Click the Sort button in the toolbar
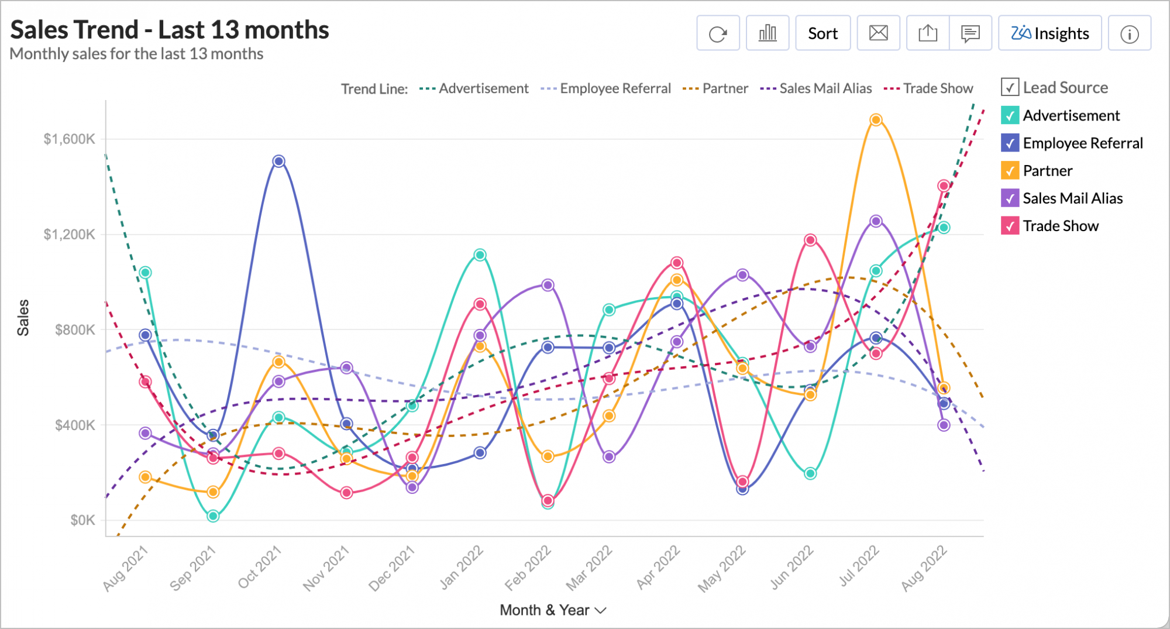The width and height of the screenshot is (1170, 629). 823,33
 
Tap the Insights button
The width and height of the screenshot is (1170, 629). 1049,33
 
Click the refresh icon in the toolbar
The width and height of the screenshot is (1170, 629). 718,33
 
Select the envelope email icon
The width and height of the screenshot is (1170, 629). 878,33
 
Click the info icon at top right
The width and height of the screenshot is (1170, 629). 1129,34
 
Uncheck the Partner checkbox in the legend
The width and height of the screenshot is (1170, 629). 1010,170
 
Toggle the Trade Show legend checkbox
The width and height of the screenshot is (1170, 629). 1010,226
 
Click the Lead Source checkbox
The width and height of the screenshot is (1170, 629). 1010,87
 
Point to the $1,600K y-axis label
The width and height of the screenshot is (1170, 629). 69,139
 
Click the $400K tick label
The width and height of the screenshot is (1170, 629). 75,425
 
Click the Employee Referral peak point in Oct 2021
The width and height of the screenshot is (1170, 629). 278,161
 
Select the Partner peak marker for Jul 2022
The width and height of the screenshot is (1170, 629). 876,120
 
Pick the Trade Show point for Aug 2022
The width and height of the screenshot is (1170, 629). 944,186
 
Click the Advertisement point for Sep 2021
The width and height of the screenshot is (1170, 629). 213,516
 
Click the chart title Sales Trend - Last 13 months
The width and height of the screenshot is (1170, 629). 170,30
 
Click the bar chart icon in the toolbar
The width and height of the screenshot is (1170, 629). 768,33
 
